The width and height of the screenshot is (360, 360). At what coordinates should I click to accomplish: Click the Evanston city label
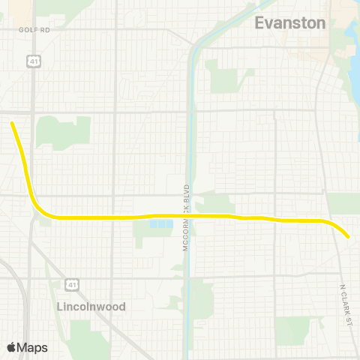[x=290, y=23]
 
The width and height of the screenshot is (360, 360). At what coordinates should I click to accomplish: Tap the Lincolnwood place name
[x=91, y=307]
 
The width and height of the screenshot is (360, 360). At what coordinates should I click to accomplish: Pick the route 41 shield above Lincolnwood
[x=70, y=283]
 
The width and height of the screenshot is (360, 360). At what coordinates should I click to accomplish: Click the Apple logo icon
[x=12, y=347]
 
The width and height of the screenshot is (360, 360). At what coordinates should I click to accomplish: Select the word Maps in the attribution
[x=32, y=347]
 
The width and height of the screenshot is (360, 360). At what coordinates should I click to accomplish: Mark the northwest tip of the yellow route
[x=12, y=123]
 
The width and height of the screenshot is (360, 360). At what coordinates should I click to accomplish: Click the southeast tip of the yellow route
[x=348, y=237]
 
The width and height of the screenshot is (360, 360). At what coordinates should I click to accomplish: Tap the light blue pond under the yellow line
[x=160, y=223]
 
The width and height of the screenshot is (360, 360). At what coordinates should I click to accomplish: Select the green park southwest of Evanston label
[x=222, y=74]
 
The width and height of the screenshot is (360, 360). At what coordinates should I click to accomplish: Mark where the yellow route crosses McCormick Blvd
[x=189, y=216]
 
